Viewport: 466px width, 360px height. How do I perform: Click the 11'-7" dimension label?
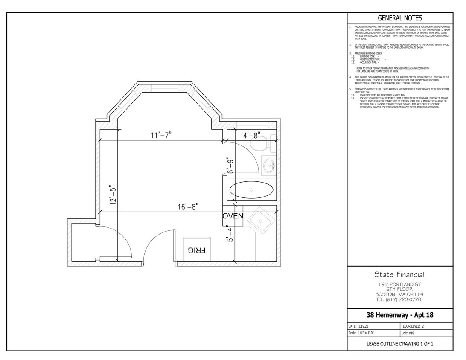(x=161, y=135)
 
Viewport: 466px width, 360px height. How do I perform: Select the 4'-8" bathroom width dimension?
(x=252, y=135)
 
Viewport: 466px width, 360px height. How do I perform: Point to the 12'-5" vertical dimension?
(x=113, y=195)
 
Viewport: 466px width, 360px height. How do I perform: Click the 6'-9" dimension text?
(x=230, y=166)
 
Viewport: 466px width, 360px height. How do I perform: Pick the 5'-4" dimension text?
(x=230, y=234)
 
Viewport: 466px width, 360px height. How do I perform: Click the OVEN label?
(x=233, y=216)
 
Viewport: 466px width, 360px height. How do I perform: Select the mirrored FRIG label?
(x=197, y=250)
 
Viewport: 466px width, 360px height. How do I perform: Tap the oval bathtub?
(x=251, y=190)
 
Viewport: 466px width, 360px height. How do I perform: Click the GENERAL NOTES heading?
(x=400, y=18)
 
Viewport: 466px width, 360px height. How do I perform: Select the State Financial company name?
(x=399, y=275)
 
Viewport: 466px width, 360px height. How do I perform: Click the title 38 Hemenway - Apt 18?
(x=400, y=316)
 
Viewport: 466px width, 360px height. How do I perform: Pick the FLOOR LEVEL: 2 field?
(x=413, y=326)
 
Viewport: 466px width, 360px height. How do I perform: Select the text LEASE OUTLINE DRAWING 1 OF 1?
(x=400, y=344)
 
